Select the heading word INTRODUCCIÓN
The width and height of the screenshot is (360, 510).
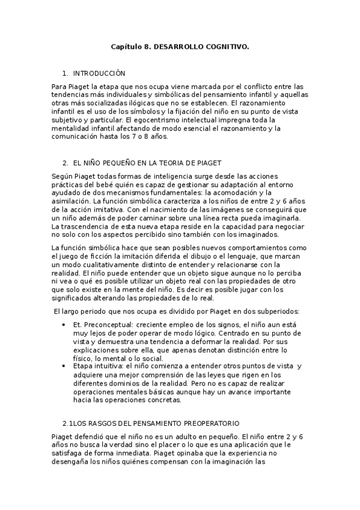[x=99, y=73]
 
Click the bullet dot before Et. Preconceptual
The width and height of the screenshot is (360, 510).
[x=64, y=324]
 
